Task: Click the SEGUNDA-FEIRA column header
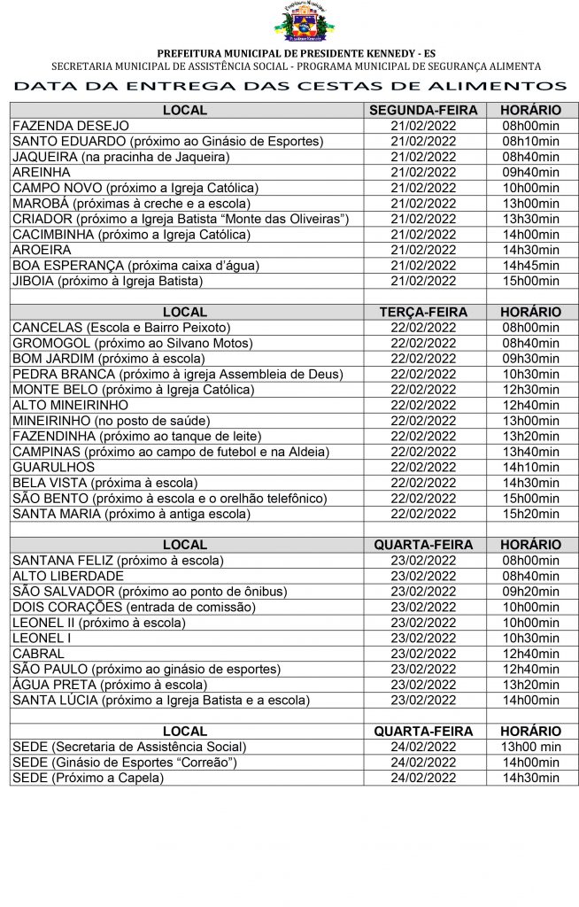[x=423, y=111]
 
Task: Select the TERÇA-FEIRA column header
[x=423, y=312]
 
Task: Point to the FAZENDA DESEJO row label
[x=71, y=126]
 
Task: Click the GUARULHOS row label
[x=54, y=467]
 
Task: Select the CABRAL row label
[x=38, y=654]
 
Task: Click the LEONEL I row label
[x=42, y=638]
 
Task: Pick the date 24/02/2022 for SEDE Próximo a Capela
[x=423, y=778]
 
